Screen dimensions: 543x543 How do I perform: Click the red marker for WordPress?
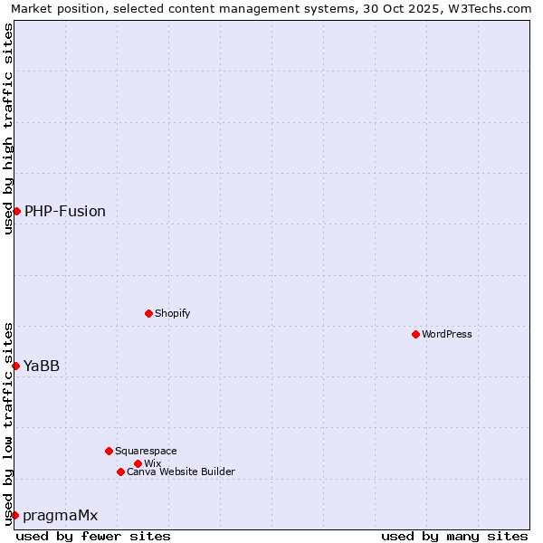click(x=415, y=334)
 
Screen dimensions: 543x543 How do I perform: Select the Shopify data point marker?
click(x=148, y=313)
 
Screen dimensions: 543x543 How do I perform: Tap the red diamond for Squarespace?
click(x=109, y=451)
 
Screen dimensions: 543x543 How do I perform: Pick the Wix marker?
click(x=138, y=463)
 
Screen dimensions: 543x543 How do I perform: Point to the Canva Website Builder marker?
click(x=120, y=472)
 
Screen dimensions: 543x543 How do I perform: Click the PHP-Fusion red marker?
click(x=16, y=211)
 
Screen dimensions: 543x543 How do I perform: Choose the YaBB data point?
click(x=15, y=366)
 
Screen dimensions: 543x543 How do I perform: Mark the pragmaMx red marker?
click(x=14, y=515)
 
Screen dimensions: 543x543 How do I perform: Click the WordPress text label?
click(x=447, y=334)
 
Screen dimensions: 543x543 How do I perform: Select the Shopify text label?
click(x=172, y=313)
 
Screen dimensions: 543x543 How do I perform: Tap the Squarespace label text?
click(x=146, y=451)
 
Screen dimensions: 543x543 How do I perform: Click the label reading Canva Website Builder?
click(x=181, y=472)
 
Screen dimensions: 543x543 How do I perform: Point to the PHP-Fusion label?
click(x=65, y=211)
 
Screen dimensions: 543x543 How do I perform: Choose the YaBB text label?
click(x=42, y=366)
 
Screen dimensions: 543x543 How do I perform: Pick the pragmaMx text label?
click(x=61, y=515)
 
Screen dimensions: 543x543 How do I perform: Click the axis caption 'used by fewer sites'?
click(x=93, y=536)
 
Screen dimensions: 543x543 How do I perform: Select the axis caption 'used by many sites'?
click(x=454, y=536)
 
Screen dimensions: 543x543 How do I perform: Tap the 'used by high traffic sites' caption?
click(x=8, y=129)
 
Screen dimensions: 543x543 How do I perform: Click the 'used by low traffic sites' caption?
click(x=8, y=423)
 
